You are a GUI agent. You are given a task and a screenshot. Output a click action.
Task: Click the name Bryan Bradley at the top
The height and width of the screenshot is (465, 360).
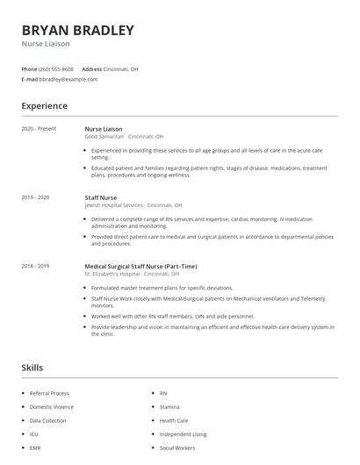77,31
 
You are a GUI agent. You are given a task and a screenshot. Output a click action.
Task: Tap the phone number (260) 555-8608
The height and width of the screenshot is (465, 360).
57,68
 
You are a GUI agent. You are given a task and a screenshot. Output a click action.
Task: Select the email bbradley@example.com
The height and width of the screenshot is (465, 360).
68,79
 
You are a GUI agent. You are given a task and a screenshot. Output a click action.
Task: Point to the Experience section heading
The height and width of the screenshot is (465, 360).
44,106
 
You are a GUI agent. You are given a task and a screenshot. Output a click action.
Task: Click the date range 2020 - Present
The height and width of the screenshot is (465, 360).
39,128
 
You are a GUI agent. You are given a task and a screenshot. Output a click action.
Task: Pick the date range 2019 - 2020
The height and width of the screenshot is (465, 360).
36,197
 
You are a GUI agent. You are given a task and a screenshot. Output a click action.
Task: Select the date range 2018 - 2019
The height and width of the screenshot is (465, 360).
36,266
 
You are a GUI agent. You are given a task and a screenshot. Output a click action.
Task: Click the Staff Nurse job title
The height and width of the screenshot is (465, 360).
101,197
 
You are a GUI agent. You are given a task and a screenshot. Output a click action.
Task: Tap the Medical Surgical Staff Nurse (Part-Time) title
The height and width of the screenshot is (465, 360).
140,266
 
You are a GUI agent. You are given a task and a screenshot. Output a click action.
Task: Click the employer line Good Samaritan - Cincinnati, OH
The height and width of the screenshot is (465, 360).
124,137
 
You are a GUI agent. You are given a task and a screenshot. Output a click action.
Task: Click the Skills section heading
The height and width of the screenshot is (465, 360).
32,368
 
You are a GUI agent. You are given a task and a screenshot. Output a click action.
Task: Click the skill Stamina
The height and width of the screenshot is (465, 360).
169,407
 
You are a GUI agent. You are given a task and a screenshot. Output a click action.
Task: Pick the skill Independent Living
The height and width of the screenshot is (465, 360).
183,434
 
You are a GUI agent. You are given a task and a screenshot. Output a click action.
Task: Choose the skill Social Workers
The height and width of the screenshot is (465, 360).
176,448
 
